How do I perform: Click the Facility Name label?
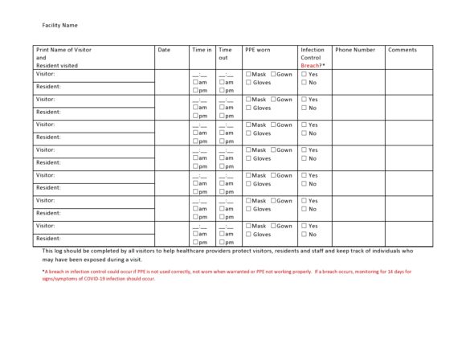click(59, 26)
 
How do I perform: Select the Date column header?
click(164, 50)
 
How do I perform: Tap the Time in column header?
click(202, 50)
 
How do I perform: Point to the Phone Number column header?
click(354, 50)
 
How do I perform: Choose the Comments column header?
click(402, 50)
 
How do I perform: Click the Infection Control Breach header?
click(313, 58)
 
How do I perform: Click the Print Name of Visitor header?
click(64, 50)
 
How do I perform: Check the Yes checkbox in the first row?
click(305, 74)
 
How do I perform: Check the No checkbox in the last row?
click(305, 235)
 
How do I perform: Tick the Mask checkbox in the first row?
click(249, 74)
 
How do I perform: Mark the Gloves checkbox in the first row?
click(249, 83)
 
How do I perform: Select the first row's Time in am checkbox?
click(195, 82)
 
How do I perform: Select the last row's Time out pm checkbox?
click(222, 242)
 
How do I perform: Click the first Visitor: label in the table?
click(46, 74)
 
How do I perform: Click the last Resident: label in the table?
click(48, 239)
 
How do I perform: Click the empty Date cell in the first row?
click(171, 82)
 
